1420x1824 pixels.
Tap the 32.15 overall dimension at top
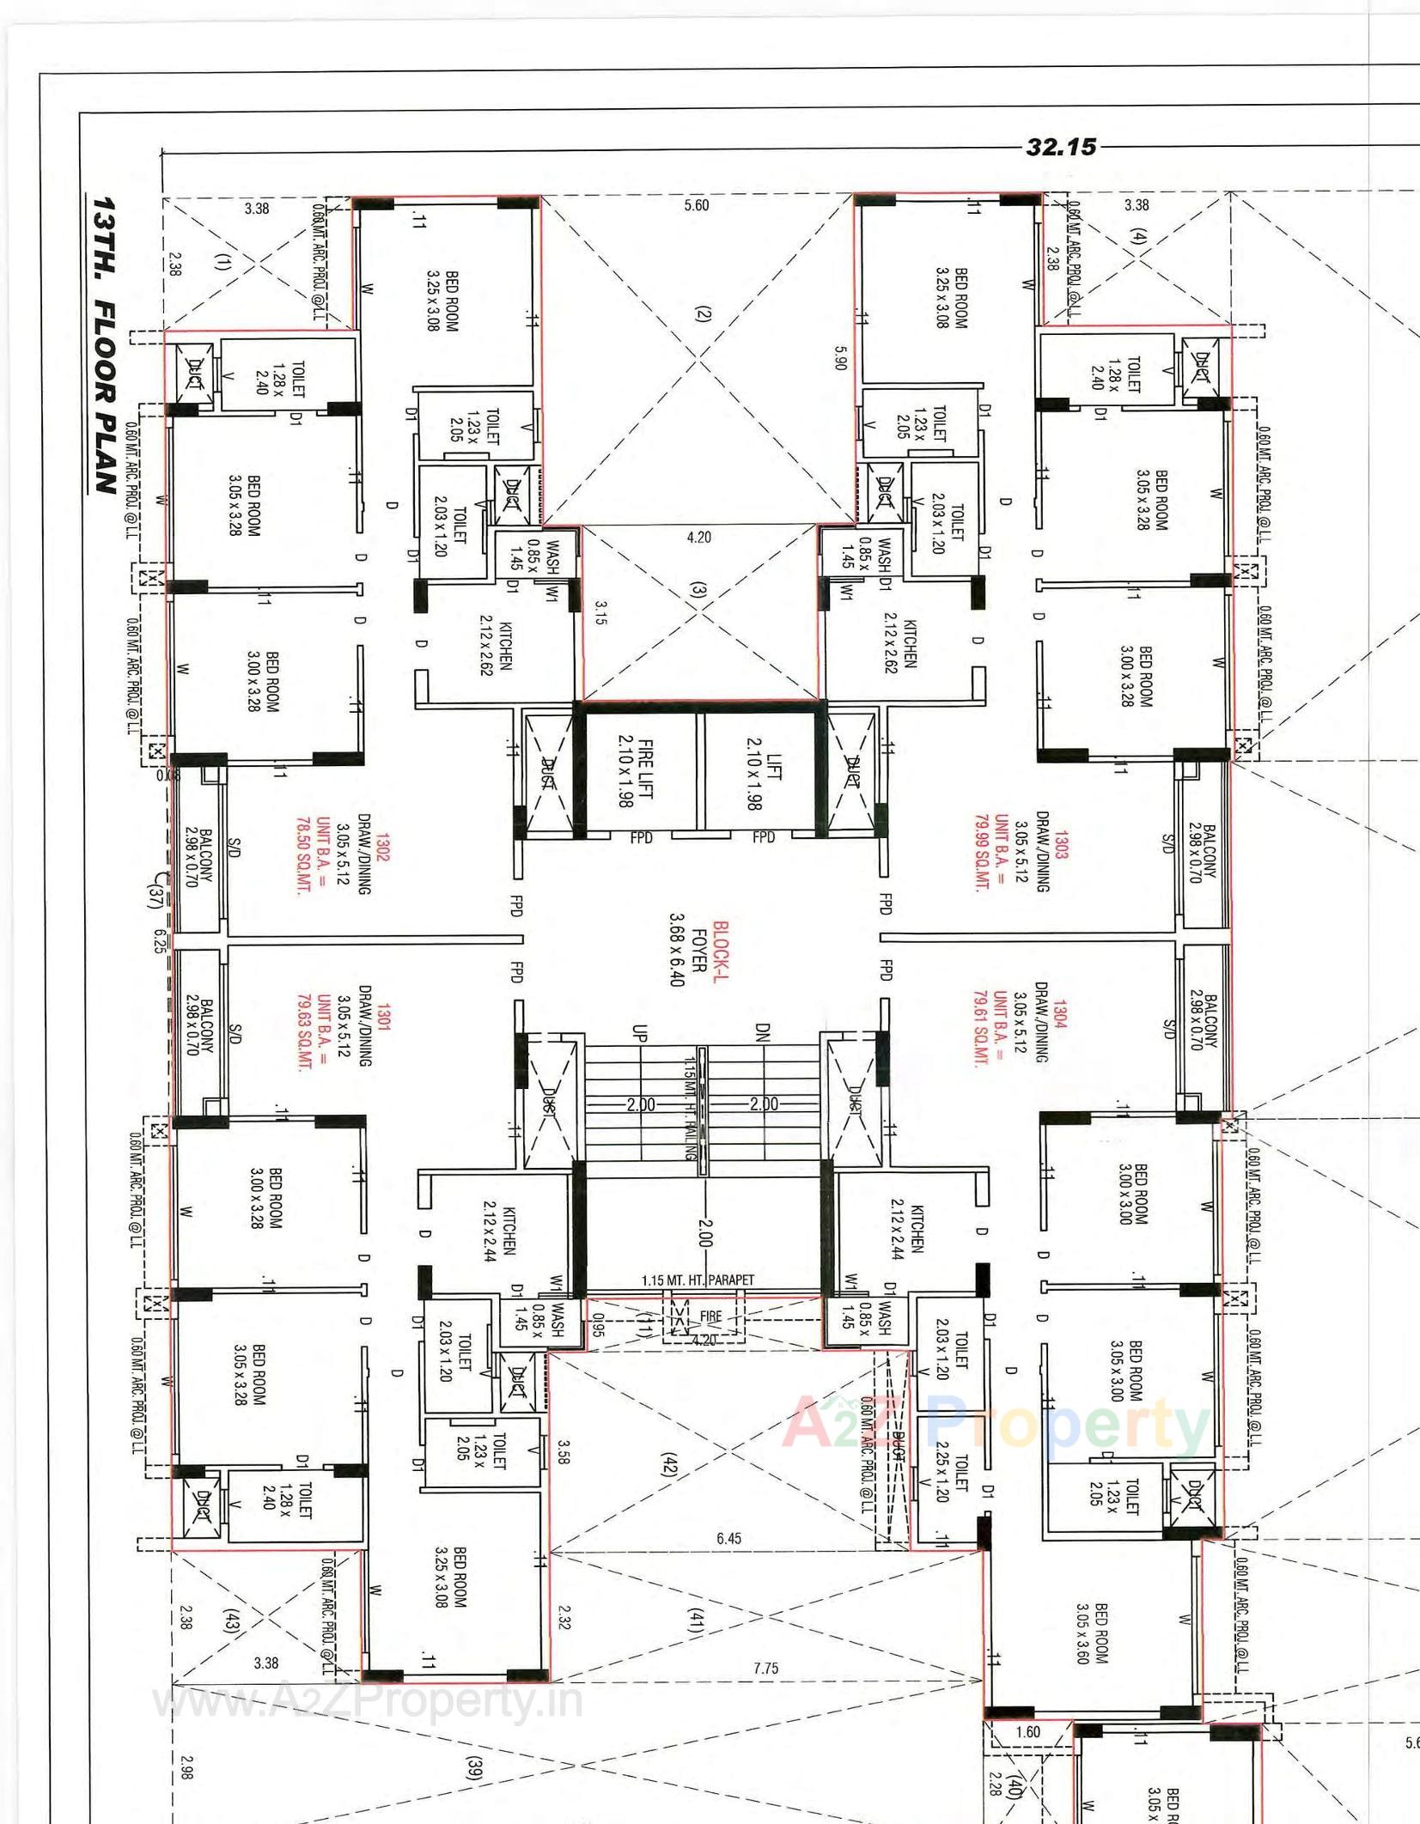[1061, 147]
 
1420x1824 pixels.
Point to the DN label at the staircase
[763, 1033]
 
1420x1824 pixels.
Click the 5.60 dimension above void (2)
[697, 205]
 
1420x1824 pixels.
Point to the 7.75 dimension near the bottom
[765, 1668]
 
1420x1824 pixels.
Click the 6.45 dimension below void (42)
[728, 1538]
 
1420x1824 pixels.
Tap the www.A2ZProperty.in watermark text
[368, 1702]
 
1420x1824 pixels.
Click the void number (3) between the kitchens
[697, 591]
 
